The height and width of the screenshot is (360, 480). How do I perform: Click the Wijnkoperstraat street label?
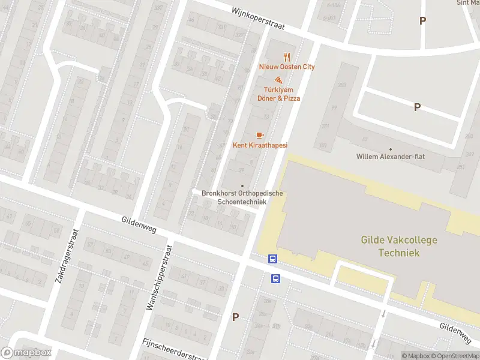point(259,19)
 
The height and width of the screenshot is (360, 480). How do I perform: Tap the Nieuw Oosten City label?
point(287,67)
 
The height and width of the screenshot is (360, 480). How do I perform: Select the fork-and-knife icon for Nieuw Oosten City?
point(287,57)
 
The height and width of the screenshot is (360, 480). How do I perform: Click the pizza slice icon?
point(278,80)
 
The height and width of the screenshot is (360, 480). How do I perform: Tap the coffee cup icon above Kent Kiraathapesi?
point(259,135)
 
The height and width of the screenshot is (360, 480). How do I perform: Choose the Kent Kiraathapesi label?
point(260,145)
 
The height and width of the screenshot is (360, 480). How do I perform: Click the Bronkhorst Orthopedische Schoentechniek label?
point(242,197)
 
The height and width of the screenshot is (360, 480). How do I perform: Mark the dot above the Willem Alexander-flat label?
point(391,149)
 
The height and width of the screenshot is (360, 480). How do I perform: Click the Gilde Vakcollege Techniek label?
point(399,246)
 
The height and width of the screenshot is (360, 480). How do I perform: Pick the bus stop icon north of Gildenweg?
point(272,259)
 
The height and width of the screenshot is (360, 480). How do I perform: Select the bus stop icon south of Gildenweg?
point(276,278)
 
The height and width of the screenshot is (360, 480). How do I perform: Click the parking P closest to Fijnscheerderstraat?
point(236,317)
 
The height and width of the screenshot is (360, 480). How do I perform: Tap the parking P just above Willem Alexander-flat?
point(417,107)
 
